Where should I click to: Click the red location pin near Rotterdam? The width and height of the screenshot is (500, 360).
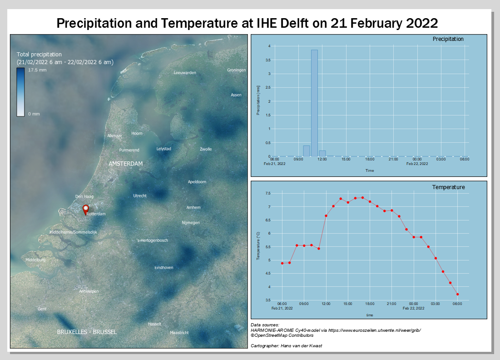pos(85,209)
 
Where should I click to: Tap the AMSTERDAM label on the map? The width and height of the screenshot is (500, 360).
pos(126,164)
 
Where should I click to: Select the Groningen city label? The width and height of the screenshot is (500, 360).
pos(237,70)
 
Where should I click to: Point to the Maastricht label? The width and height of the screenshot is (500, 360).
pos(179,333)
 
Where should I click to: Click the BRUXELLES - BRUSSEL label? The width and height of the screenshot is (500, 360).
pos(87,332)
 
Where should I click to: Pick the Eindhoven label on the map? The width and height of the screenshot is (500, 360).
pos(164,268)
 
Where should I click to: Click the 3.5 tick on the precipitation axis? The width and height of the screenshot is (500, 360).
pos(268,60)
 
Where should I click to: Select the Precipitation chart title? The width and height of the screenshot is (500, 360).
pos(448,39)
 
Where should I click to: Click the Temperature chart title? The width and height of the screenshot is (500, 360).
pos(448,187)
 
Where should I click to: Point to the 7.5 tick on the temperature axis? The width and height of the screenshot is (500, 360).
pos(267,194)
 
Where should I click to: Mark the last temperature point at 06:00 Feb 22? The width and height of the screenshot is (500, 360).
pos(457,295)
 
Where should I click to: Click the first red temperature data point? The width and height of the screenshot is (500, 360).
pos(282,263)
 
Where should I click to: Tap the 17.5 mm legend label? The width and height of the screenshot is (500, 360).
pos(37,70)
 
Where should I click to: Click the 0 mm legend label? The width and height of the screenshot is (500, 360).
pos(34,114)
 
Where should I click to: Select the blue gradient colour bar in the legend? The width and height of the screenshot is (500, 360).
pos(20,92)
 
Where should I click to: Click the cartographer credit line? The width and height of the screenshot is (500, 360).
pos(286,346)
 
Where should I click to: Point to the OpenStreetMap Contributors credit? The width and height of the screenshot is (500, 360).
pos(282,335)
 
